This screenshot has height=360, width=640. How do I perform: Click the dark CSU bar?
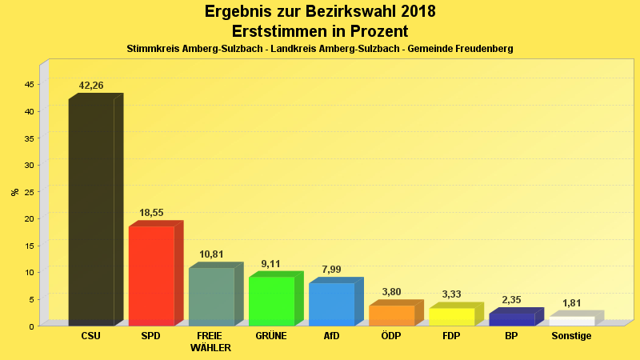(x=91, y=212)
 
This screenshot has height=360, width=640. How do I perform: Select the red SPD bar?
(x=151, y=276)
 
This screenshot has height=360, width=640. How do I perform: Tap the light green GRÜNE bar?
(x=271, y=301)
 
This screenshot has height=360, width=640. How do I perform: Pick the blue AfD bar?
(x=331, y=304)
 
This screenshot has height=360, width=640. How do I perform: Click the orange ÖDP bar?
(x=391, y=315)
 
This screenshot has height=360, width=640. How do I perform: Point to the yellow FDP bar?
(x=451, y=317)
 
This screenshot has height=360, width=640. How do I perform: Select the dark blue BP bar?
(x=511, y=319)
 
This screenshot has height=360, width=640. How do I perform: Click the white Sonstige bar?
(x=571, y=321)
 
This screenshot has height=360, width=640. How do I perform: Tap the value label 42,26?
(x=91, y=86)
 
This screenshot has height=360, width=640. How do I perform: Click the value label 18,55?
(x=151, y=214)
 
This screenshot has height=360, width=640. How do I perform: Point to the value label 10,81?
(x=211, y=254)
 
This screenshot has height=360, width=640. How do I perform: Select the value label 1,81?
(x=571, y=303)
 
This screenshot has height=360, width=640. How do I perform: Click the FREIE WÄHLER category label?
(x=210, y=342)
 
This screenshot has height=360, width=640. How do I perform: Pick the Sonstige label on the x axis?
(x=571, y=336)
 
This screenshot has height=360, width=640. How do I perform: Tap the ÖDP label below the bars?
(x=391, y=336)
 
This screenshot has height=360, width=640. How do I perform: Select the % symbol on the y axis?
(x=14, y=192)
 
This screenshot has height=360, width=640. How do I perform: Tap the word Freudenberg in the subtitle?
(x=479, y=49)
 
